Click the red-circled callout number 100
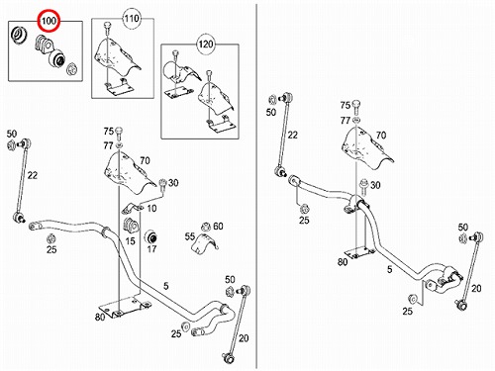[x=49, y=21]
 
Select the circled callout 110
[x=132, y=19]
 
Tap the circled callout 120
[x=206, y=44]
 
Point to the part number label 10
[x=151, y=209]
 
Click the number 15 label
[x=131, y=241]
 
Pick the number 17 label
[x=151, y=249]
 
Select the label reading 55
[x=190, y=236]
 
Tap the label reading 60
[x=218, y=227]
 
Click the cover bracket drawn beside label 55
[x=205, y=243]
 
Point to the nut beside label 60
[x=206, y=227]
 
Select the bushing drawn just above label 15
[x=131, y=225]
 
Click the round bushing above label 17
[x=151, y=236]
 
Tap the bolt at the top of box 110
[x=107, y=28]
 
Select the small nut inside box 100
[x=71, y=69]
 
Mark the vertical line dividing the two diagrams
[x=256, y=186]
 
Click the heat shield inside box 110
[x=117, y=56]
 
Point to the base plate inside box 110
[x=118, y=87]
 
